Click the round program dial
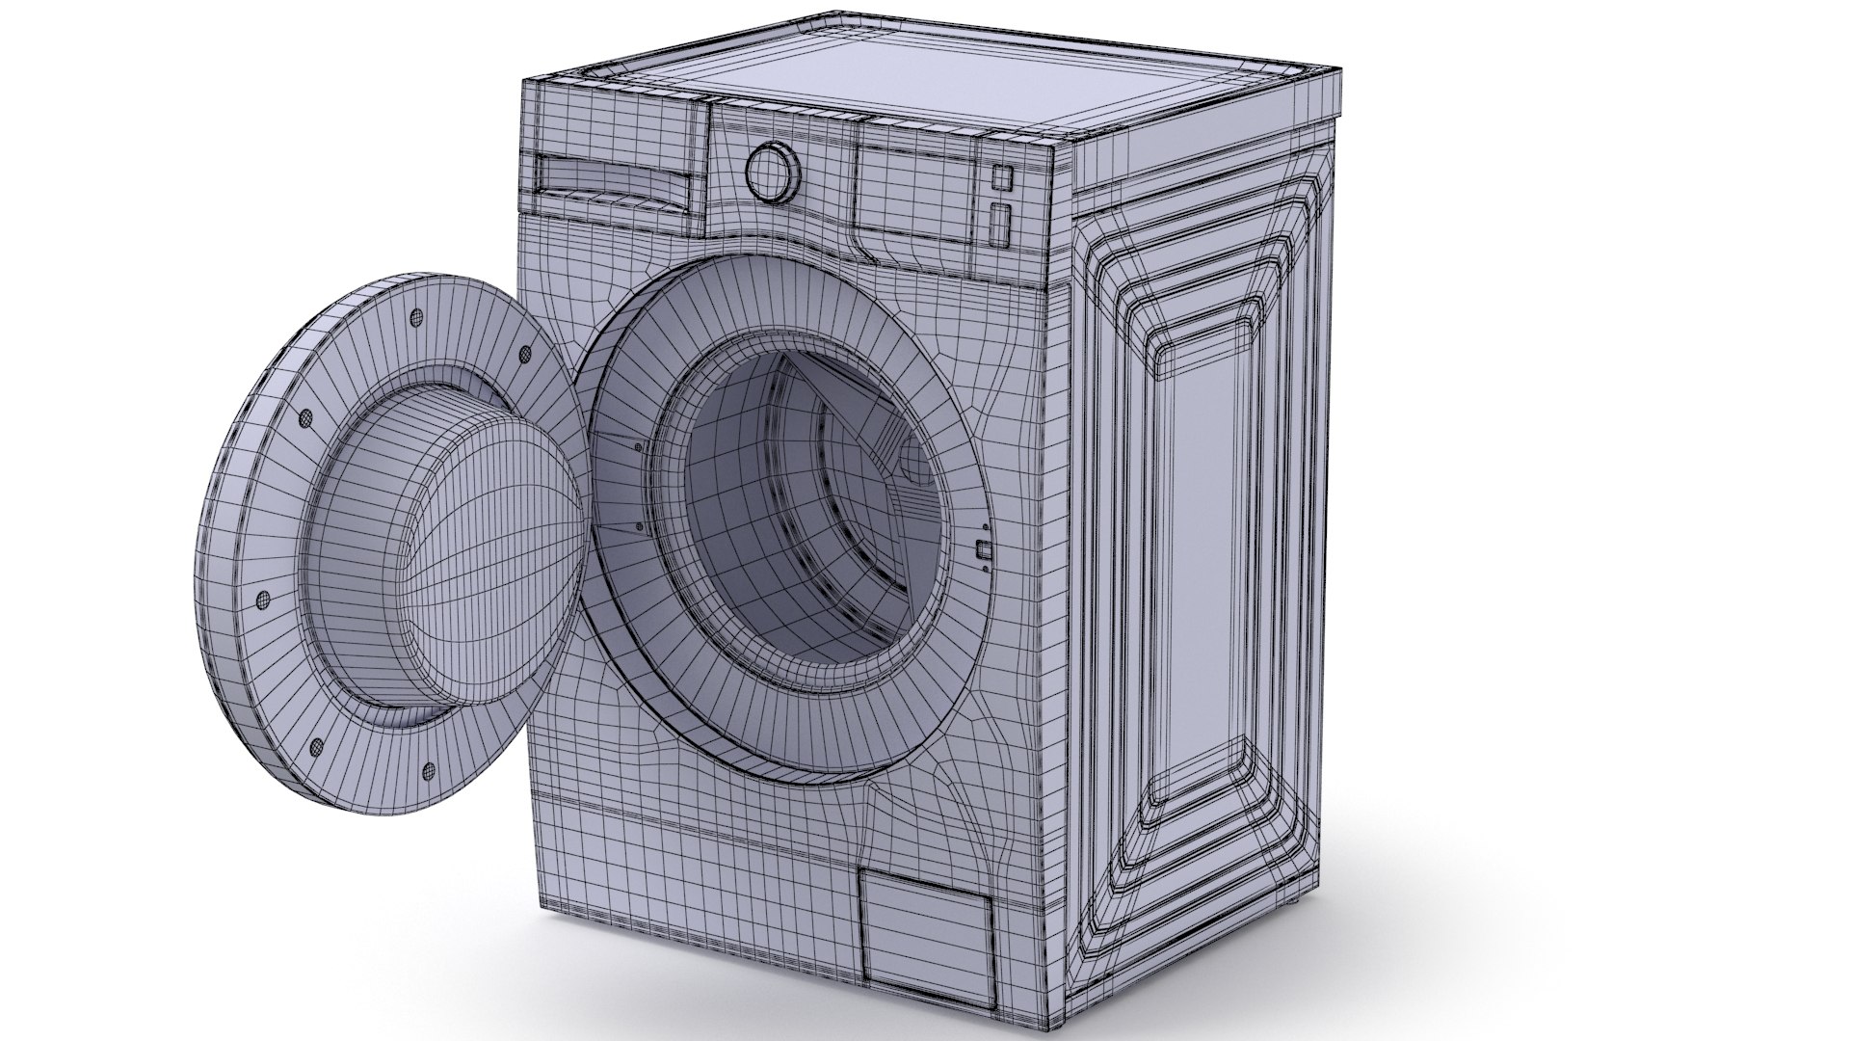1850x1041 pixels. point(773,173)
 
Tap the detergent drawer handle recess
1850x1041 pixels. point(611,180)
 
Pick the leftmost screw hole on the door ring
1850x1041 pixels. point(262,599)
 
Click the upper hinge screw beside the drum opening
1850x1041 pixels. point(637,446)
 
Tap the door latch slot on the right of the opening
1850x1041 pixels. point(982,551)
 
